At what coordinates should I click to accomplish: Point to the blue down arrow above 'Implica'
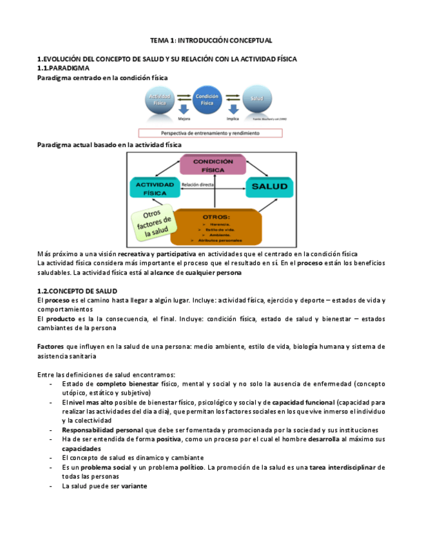tap(233, 110)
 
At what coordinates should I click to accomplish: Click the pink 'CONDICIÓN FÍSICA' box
tap(213, 165)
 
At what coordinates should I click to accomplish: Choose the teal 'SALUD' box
tap(269, 186)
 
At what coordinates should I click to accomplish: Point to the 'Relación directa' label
tap(198, 184)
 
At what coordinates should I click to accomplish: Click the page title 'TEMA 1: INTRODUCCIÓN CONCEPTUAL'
tap(211, 40)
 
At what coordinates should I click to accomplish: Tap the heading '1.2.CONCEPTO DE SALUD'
tap(77, 292)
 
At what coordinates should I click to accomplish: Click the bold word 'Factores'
tap(50, 346)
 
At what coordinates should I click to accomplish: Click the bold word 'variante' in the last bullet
tap(134, 486)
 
